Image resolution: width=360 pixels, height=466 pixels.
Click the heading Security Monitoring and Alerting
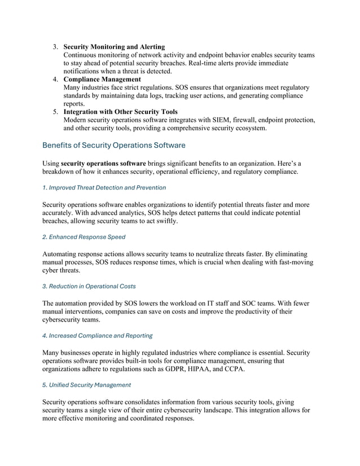114,46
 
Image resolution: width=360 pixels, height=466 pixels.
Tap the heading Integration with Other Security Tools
120,112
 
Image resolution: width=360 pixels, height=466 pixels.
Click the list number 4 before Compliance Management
56,79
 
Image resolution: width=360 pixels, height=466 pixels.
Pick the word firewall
260,120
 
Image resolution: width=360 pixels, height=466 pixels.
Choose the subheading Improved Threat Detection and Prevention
104,187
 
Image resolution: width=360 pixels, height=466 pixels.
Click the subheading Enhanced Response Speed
84,236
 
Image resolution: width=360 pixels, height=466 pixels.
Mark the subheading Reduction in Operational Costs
89,286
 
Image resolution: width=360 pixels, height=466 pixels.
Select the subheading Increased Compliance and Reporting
97,336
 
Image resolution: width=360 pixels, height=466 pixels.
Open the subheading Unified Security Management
86,385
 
